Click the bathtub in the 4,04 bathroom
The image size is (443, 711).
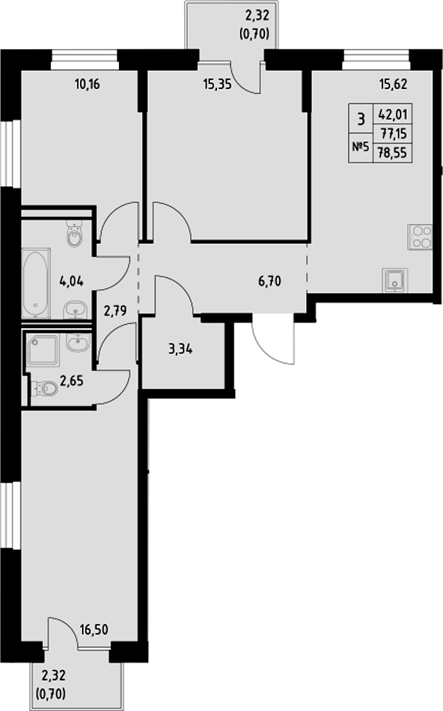[x=35, y=284]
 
